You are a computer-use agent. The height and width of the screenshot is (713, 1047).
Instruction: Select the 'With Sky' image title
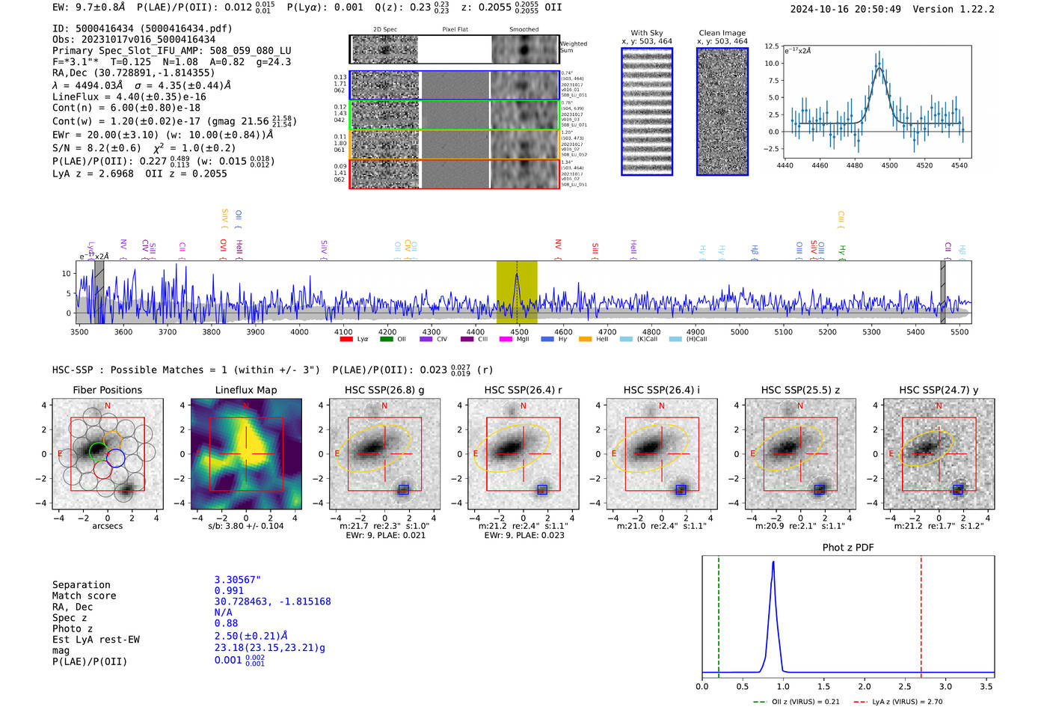tap(646, 33)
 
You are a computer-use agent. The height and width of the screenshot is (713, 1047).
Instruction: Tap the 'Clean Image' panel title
tap(722, 33)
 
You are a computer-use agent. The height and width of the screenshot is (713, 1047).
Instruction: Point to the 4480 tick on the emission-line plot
tap(855, 165)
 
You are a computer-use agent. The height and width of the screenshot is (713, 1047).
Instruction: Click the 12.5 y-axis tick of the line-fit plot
tap(771, 46)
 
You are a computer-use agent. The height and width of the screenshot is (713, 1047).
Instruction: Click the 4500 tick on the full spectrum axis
tap(519, 331)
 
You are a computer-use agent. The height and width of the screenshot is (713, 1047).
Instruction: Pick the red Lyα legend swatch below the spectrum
tap(346, 339)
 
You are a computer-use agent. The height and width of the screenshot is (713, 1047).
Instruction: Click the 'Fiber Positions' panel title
tap(107, 390)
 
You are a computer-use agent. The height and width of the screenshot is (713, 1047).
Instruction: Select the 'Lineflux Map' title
tap(246, 390)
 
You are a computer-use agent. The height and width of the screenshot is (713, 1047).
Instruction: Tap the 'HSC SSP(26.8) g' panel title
tap(384, 390)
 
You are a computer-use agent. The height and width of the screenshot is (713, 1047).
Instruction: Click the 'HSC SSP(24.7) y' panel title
tap(939, 390)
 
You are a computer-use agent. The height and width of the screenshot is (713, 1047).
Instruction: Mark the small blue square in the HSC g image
tap(404, 489)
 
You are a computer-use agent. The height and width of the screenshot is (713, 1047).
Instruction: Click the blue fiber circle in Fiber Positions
tap(115, 458)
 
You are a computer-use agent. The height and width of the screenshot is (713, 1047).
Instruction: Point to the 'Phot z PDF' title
tap(848, 548)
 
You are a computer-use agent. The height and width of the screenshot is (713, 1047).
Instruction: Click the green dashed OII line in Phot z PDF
tap(719, 613)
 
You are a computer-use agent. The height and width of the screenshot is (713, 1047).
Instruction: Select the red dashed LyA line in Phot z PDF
tap(921, 613)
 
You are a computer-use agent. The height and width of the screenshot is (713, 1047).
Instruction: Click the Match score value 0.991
tap(229, 591)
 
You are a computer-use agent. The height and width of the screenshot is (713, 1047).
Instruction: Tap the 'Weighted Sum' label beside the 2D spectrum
tap(573, 47)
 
